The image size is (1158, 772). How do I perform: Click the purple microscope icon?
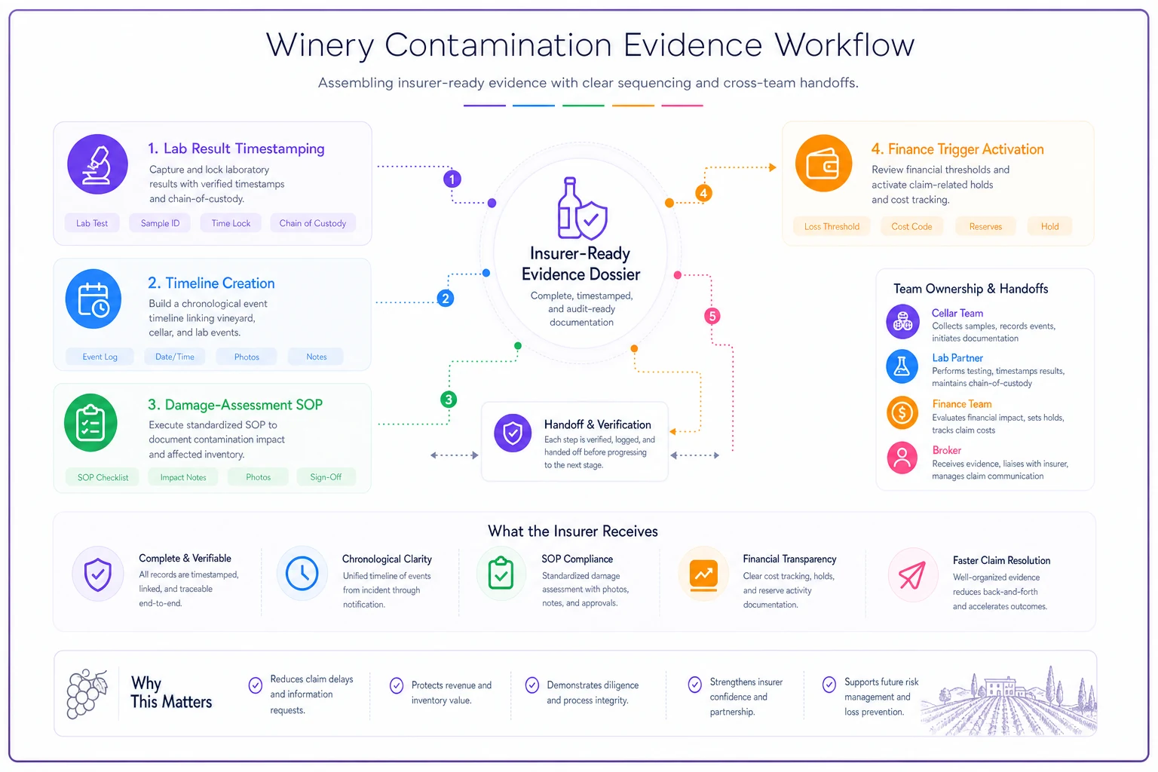click(97, 164)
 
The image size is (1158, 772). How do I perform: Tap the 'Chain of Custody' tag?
click(312, 223)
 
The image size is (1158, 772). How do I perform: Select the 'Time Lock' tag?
click(231, 223)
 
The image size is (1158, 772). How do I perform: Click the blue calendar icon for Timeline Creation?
click(93, 299)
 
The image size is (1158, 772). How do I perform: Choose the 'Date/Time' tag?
click(175, 357)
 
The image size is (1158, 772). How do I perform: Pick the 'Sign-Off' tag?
click(326, 476)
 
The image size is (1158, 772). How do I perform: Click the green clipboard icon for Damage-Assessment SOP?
click(90, 423)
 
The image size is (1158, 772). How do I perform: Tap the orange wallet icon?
click(823, 164)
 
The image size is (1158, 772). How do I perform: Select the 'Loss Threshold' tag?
click(832, 226)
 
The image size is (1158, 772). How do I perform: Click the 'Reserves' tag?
click(985, 226)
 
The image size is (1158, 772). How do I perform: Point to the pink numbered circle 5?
click(712, 316)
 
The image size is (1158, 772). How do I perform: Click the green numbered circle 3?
click(449, 399)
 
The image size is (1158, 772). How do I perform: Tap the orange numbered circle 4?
click(703, 194)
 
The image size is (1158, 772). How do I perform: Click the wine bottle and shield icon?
click(581, 209)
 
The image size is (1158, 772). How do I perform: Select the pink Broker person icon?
click(902, 458)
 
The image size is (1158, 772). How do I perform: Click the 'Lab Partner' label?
click(957, 358)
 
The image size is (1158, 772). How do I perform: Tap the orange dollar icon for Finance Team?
click(902, 412)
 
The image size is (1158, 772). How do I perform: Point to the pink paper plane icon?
click(912, 575)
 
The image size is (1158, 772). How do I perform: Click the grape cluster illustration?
click(87, 694)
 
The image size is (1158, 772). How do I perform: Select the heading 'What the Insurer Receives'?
click(573, 531)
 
